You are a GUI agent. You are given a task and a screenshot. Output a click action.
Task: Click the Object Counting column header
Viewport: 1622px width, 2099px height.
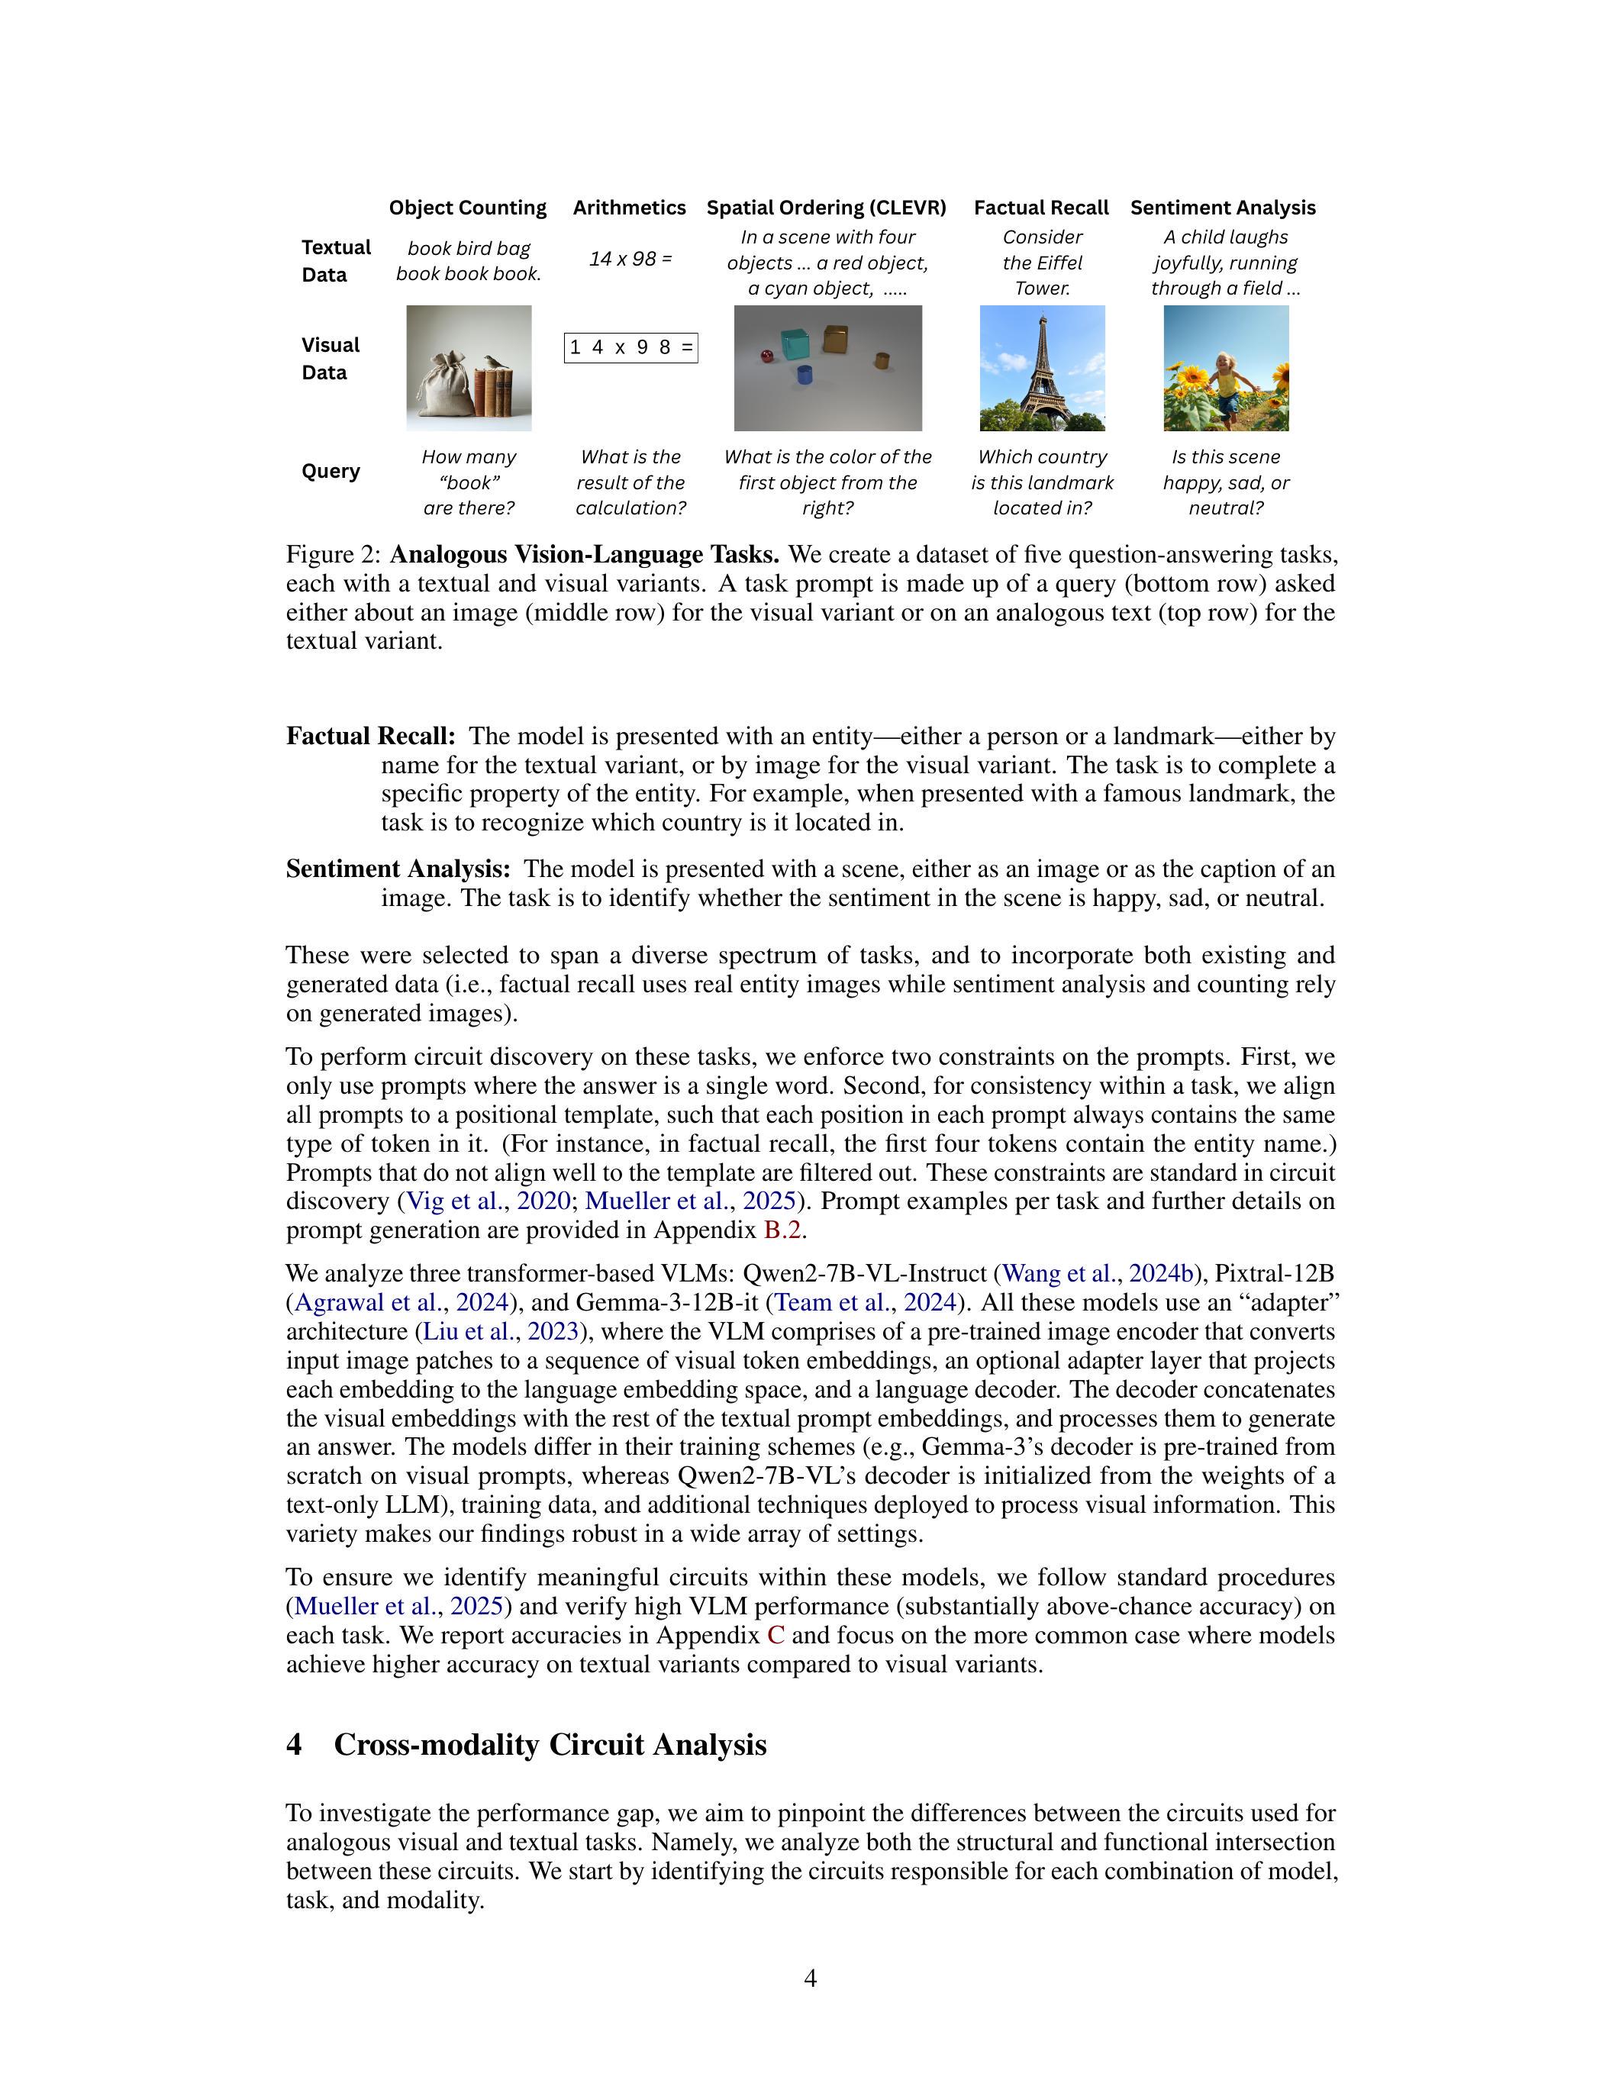[x=467, y=208]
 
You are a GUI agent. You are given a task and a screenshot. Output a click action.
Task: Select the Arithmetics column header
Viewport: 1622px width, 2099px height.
[x=630, y=208]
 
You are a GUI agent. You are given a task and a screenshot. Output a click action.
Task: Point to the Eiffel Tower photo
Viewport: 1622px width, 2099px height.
[x=1042, y=368]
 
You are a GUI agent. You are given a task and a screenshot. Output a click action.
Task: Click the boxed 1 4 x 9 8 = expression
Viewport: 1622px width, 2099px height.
[x=630, y=348]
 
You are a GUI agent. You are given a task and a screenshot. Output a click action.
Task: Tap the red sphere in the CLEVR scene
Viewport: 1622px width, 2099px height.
[x=767, y=357]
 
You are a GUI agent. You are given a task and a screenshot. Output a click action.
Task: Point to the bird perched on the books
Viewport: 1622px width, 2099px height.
[x=494, y=363]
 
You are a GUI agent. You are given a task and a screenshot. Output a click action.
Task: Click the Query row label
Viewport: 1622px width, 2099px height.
[x=331, y=471]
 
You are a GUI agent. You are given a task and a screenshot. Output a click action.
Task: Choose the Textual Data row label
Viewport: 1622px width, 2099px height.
[x=335, y=260]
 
